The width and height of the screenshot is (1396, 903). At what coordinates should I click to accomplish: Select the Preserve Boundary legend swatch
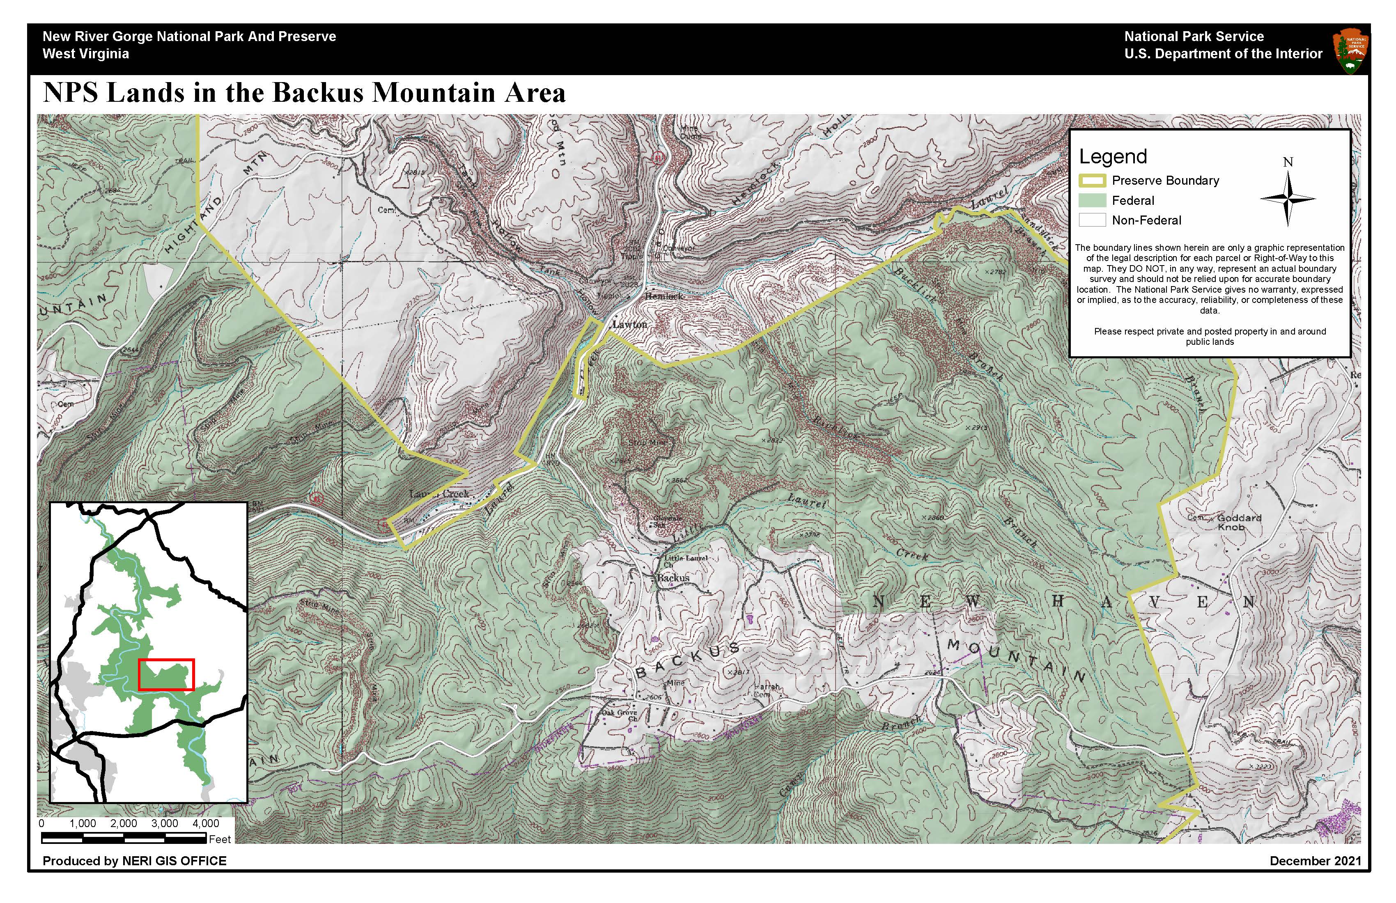point(1092,181)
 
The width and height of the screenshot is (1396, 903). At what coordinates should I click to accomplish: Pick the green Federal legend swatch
point(1092,201)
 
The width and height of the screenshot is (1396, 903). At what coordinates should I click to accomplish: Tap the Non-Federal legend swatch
point(1092,220)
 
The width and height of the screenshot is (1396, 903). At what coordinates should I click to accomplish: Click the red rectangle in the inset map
point(166,674)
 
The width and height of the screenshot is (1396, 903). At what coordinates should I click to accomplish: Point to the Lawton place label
point(629,324)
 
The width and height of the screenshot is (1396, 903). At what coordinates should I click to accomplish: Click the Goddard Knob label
point(1238,522)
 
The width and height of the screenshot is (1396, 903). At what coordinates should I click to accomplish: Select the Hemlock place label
point(664,296)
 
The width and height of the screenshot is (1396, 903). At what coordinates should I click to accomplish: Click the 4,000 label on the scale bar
point(205,823)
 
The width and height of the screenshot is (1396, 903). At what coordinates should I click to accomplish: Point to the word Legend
point(1113,156)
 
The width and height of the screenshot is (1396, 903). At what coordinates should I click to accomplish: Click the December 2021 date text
point(1315,861)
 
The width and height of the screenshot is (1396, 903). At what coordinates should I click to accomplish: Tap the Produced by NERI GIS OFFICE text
point(134,861)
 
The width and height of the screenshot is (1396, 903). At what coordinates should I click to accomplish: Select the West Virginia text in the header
point(86,54)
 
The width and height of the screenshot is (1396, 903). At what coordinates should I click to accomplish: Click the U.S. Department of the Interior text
point(1223,54)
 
